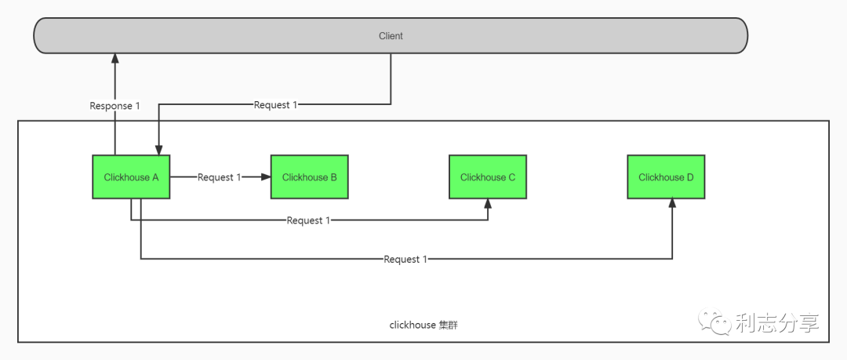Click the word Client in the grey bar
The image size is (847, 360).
click(391, 36)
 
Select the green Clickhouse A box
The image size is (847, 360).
click(131, 177)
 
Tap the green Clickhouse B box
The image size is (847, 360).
click(309, 177)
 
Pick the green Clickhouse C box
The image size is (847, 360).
click(487, 177)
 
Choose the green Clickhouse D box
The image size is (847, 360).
click(665, 177)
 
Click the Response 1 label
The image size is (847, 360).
click(115, 106)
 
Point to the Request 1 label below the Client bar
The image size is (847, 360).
click(275, 104)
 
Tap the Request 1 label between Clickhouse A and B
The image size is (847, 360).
click(220, 177)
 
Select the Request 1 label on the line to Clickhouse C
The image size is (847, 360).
click(308, 220)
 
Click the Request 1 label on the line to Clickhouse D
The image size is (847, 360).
click(405, 259)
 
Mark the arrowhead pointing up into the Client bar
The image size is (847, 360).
click(115, 59)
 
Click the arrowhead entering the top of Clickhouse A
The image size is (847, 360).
click(159, 150)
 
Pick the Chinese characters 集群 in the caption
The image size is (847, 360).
click(448, 325)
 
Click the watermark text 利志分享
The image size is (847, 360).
click(776, 323)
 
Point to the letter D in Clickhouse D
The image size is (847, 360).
click(690, 177)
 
